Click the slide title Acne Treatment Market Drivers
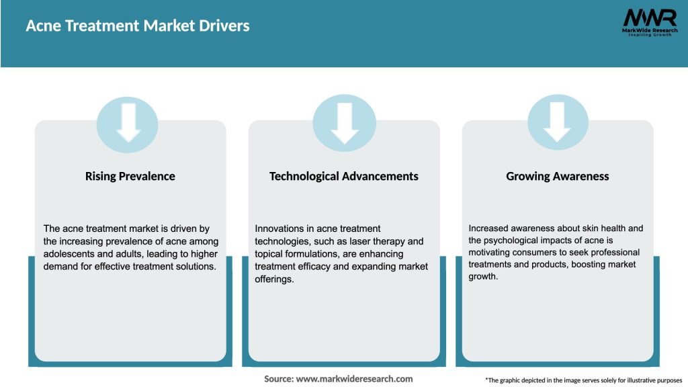[x=137, y=26]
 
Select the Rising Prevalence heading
[x=130, y=176]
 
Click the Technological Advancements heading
[x=343, y=176]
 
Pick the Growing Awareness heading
[x=557, y=176]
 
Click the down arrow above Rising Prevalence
[x=128, y=123]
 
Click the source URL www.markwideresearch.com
[x=354, y=379]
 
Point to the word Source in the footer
[x=278, y=379]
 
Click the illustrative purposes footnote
[x=583, y=380]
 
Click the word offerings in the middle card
[x=274, y=279]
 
